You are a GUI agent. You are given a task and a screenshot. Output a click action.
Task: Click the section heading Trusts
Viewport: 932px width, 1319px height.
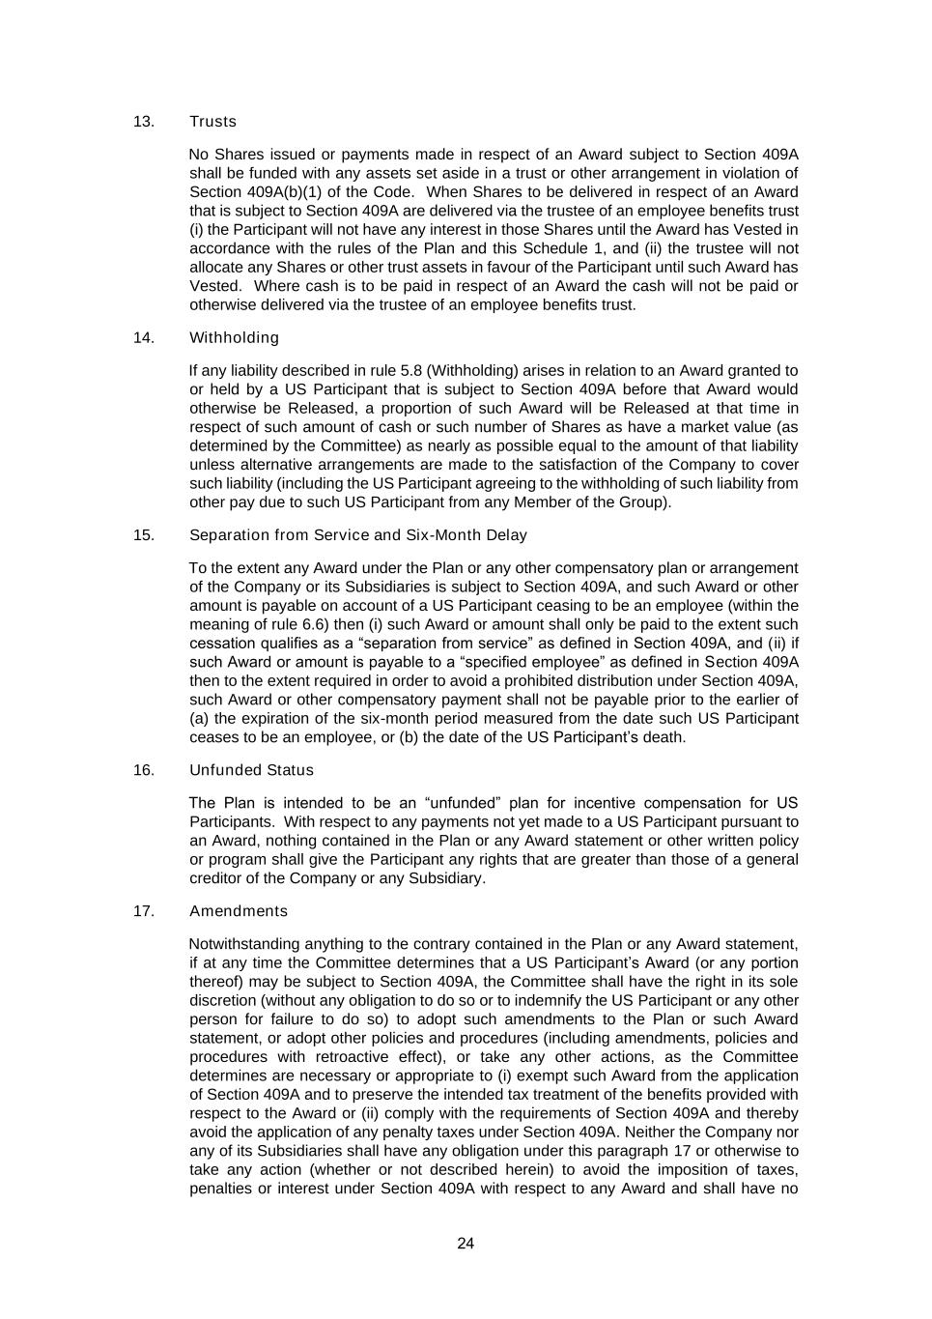coord(212,122)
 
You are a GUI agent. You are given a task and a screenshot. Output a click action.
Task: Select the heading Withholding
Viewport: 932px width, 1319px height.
coord(234,338)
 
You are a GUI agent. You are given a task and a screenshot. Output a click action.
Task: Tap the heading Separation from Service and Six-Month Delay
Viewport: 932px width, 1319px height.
coord(357,535)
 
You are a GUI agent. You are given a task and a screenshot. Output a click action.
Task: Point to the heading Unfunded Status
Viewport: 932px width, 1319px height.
coord(251,770)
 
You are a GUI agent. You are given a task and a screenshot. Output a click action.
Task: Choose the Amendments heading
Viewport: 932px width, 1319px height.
coord(238,911)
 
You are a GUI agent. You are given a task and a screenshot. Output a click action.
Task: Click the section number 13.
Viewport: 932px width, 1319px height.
coord(144,122)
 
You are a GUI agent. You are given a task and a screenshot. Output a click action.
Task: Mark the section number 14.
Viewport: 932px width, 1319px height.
coord(144,338)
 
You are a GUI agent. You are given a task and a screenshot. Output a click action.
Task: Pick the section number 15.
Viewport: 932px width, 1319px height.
coord(144,535)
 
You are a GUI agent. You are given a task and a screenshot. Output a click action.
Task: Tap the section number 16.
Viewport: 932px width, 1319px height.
coord(144,770)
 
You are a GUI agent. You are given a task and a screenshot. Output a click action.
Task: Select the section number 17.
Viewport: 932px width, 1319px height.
coord(144,911)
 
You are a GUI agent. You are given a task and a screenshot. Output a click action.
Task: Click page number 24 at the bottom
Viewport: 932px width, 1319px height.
coord(466,1244)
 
